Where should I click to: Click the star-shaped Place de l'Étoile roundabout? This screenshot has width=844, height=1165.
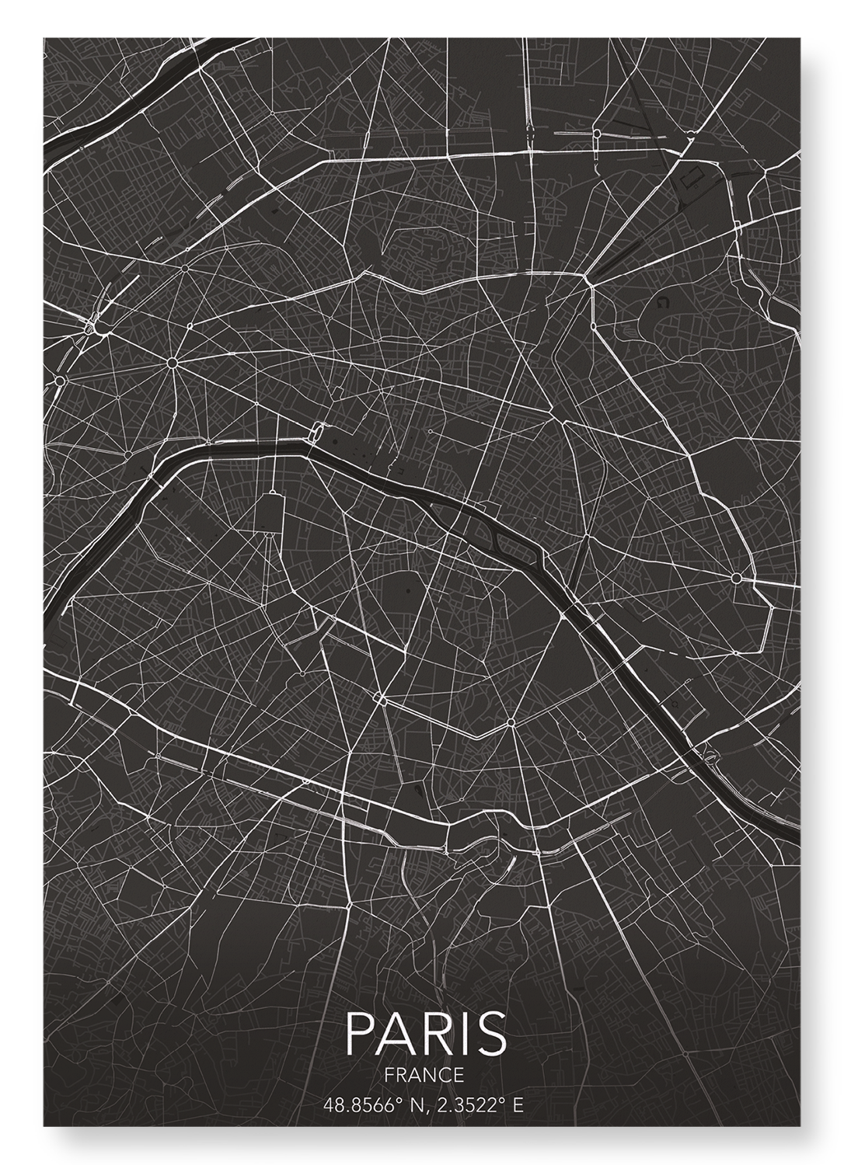tap(172, 363)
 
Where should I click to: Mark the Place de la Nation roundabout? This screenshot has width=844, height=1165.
tap(735, 578)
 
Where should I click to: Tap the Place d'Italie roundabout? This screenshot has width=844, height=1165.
tap(511, 723)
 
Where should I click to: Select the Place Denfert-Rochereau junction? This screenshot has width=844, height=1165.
tap(380, 700)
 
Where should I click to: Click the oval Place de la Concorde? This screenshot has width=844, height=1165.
tap(316, 432)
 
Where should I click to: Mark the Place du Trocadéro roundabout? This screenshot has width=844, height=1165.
tap(128, 454)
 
